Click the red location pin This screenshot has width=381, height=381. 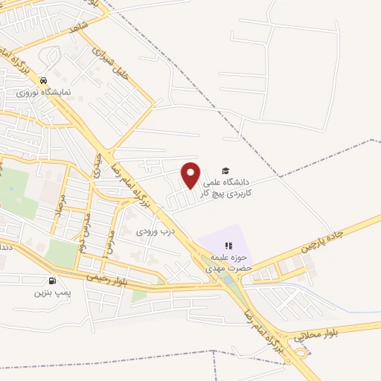[191, 173]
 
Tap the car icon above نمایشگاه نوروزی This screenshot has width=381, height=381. [45, 81]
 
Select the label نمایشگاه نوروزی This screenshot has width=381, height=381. [45, 93]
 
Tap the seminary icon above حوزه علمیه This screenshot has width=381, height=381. [229, 246]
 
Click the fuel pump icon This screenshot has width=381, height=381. [51, 281]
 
